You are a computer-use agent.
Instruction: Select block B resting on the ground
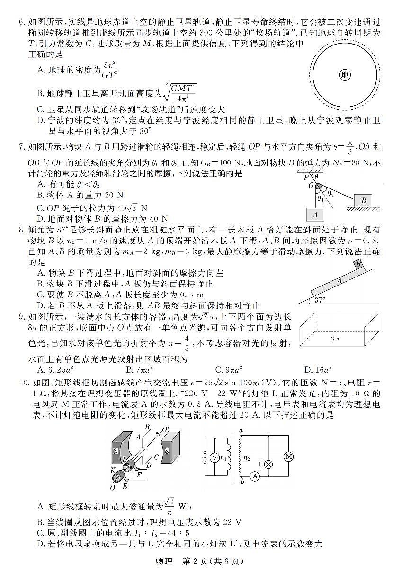tap(363, 200)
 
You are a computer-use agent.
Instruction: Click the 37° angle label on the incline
tap(321, 300)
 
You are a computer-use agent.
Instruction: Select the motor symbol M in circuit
tap(288, 456)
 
